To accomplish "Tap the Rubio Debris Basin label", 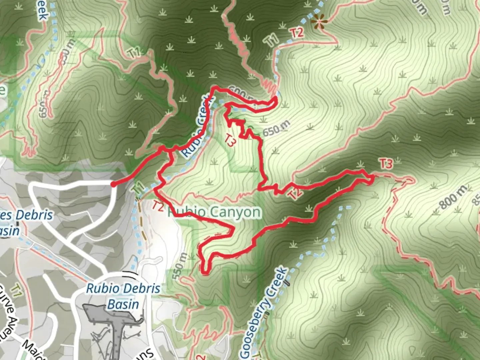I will click(123, 296).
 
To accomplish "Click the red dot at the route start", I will click(113, 184).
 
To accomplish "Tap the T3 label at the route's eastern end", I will click(386, 164).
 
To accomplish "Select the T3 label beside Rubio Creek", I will click(230, 140).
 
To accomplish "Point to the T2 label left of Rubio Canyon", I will click(158, 206).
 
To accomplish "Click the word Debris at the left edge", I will click(34, 215).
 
